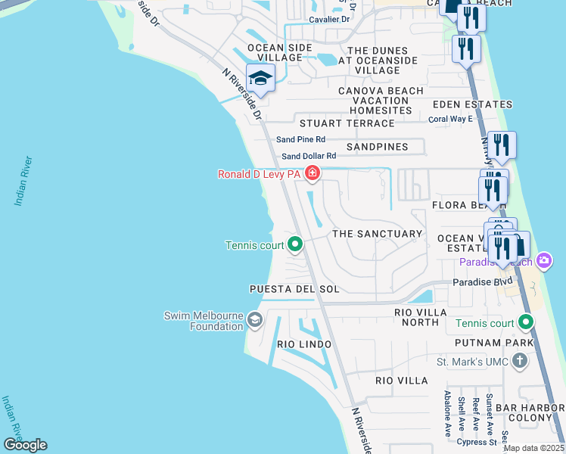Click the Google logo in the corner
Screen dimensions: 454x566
(25, 445)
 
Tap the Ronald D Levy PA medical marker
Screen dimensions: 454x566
(312, 175)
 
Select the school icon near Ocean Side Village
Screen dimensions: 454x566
(260, 78)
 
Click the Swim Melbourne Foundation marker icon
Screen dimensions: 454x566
(254, 321)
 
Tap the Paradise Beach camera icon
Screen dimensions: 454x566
(544, 262)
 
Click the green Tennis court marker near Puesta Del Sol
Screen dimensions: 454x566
(296, 244)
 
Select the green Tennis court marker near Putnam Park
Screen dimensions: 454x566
(525, 323)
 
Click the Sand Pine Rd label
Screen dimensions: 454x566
(300, 139)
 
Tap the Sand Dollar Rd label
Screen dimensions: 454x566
(308, 157)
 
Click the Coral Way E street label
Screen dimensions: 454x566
(450, 119)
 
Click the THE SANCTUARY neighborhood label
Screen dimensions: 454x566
(378, 235)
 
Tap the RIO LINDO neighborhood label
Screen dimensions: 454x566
(304, 344)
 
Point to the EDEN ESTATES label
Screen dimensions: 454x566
(472, 105)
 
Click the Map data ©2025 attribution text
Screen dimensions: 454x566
(533, 448)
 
